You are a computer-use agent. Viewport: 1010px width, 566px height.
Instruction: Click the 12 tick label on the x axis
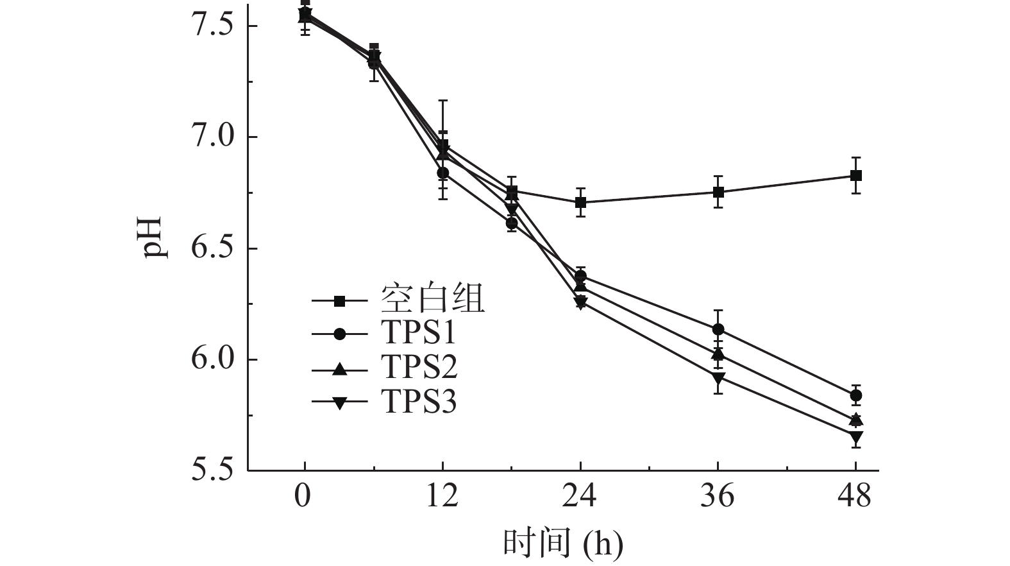pyautogui.click(x=442, y=497)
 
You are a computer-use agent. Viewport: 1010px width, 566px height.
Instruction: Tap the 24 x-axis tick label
pyautogui.click(x=580, y=497)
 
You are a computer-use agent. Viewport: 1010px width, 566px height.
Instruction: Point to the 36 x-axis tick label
pyautogui.click(x=718, y=497)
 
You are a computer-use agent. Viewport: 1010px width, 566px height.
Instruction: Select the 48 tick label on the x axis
pyautogui.click(x=855, y=497)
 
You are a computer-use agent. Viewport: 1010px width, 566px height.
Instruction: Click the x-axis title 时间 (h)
pyautogui.click(x=562, y=542)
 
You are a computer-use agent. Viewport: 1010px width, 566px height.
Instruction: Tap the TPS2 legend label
pyautogui.click(x=419, y=368)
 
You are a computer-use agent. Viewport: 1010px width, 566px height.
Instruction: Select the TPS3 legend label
pyautogui.click(x=419, y=402)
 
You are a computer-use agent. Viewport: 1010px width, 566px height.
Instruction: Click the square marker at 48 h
pyautogui.click(x=855, y=175)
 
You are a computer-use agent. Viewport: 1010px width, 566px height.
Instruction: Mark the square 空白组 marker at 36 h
pyautogui.click(x=718, y=192)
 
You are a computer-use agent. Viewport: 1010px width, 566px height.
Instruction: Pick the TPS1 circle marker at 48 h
pyautogui.click(x=855, y=395)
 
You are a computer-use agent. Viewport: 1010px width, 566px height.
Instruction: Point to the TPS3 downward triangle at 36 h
pyautogui.click(x=718, y=377)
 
